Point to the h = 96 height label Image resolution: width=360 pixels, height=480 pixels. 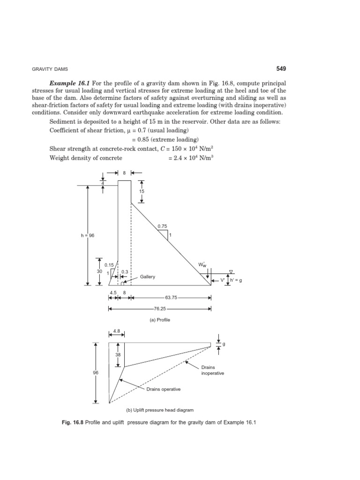tap(88, 235)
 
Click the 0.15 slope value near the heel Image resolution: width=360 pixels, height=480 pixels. tap(109, 265)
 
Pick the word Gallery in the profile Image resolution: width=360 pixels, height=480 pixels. tap(147, 277)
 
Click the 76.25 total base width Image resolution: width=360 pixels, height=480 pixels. tap(159, 309)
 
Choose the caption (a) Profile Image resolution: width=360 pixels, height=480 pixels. tap(159, 320)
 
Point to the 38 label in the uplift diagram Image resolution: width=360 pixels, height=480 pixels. tap(118, 355)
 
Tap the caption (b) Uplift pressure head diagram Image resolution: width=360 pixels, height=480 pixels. tap(159, 410)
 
